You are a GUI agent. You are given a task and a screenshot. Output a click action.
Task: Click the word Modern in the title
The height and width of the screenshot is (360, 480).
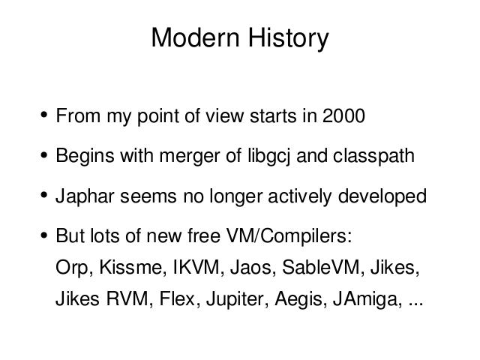click(x=195, y=37)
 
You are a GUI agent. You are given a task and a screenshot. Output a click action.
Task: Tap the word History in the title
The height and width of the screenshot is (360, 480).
click(x=288, y=39)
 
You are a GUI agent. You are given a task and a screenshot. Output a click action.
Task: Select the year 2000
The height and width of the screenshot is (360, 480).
click(x=343, y=115)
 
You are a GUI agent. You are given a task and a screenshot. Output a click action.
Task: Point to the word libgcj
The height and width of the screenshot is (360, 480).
click(x=268, y=157)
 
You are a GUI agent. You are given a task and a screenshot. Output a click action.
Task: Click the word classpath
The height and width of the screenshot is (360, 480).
click(x=373, y=157)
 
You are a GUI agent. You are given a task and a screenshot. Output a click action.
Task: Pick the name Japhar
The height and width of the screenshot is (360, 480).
click(x=85, y=197)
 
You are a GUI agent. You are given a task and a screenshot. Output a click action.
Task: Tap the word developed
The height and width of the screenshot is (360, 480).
click(x=382, y=197)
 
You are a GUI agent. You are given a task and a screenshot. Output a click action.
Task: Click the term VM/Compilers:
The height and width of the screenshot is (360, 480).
click(x=289, y=236)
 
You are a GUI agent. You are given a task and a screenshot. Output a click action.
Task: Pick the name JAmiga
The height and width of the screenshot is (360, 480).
click(x=367, y=300)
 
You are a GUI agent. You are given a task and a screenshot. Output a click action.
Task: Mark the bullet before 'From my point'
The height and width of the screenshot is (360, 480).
click(x=44, y=115)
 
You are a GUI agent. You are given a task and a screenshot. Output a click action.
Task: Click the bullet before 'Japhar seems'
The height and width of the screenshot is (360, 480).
click(x=44, y=195)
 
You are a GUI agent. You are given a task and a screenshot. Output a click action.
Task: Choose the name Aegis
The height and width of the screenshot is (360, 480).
click(x=299, y=300)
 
